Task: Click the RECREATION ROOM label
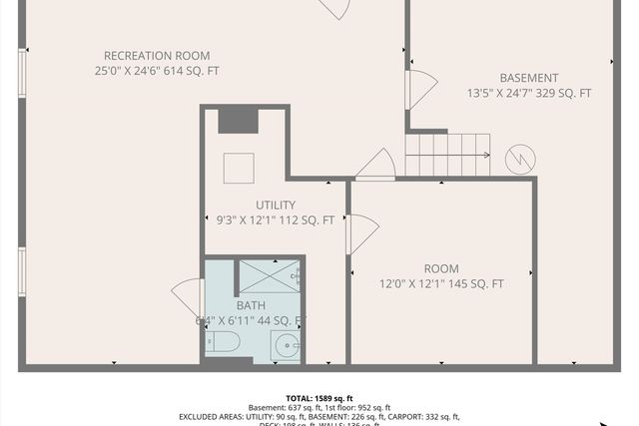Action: point(158,56)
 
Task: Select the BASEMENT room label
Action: point(528,78)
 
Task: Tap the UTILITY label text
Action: point(275,205)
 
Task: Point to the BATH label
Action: point(251,305)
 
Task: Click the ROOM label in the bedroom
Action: point(440,268)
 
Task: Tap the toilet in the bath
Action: point(223,343)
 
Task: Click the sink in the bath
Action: point(287,346)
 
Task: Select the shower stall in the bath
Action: point(268,273)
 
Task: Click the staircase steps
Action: point(446,155)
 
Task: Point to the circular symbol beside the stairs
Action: point(519,158)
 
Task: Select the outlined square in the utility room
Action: point(239,168)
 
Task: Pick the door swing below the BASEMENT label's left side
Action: point(419,90)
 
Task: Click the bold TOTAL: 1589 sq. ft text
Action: point(319,397)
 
